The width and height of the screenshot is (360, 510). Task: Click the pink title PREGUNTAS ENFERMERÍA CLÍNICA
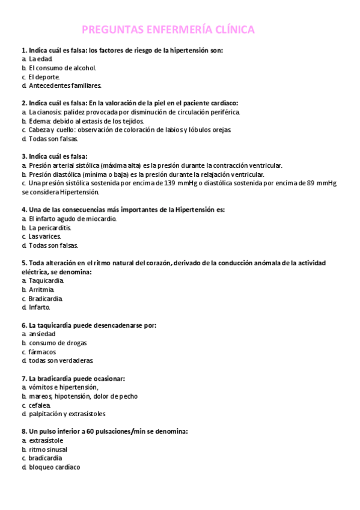tap(168, 29)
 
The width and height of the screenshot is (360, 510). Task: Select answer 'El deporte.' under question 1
tap(44, 76)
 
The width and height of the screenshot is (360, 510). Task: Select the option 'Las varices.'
tap(44, 236)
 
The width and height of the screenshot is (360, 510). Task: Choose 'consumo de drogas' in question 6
tap(57, 343)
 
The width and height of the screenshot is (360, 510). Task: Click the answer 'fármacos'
tap(42, 351)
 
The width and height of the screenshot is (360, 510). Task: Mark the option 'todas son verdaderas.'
tap(61, 360)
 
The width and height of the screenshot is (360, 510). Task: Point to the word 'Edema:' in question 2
tap(40, 121)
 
